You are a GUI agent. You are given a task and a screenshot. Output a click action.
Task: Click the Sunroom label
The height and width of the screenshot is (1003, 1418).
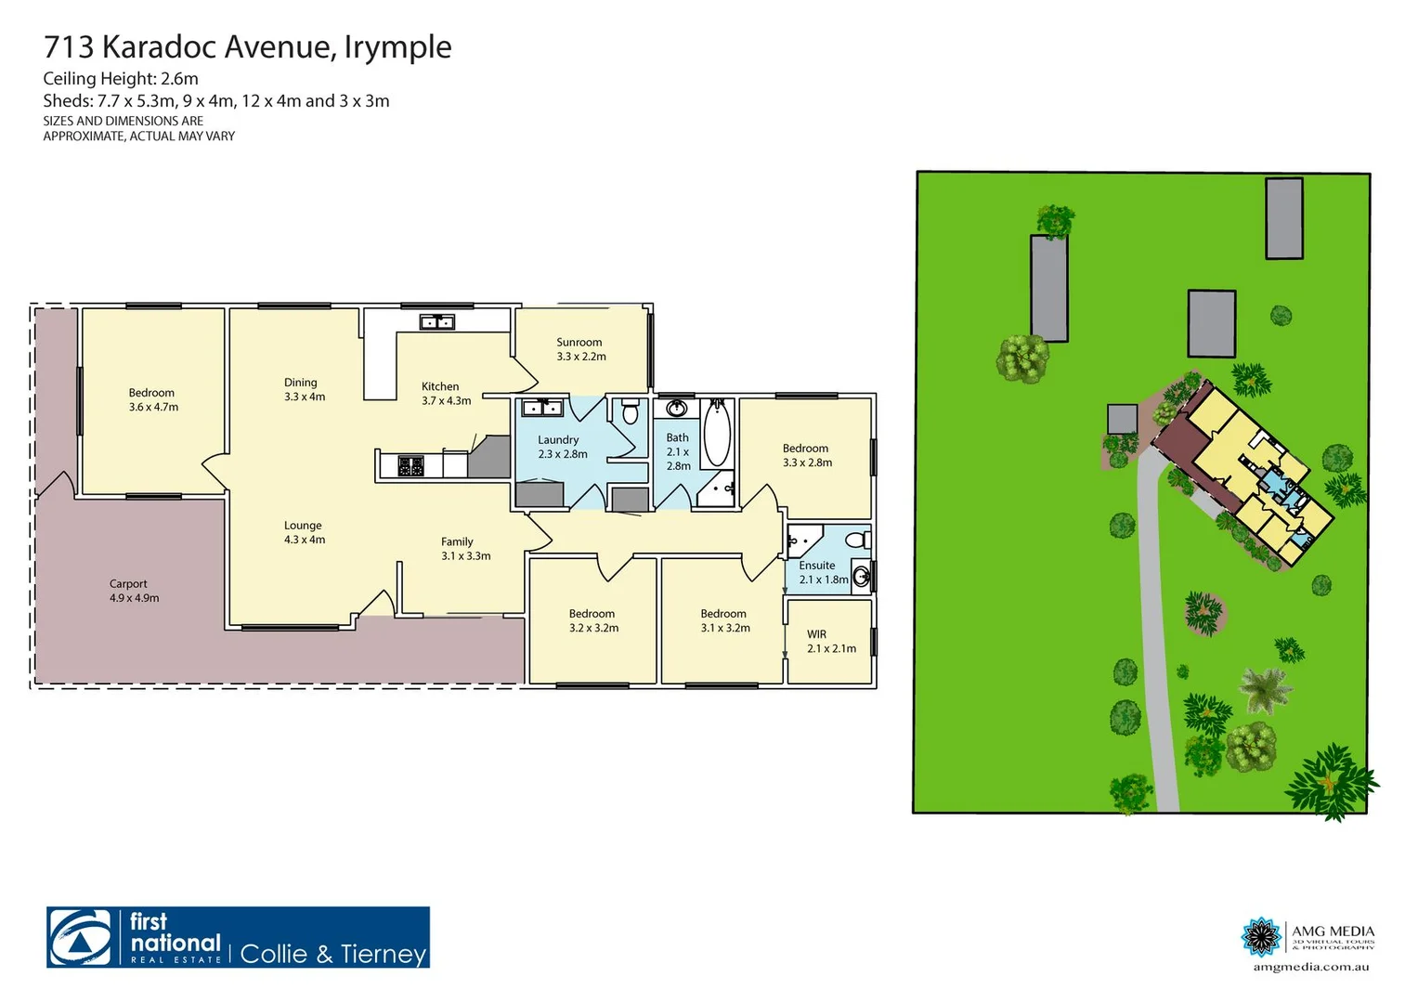pos(579,343)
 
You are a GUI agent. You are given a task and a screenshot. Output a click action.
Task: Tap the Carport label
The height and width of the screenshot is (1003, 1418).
pos(128,584)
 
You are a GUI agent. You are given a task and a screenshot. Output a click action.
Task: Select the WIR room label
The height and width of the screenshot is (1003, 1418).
pos(816,635)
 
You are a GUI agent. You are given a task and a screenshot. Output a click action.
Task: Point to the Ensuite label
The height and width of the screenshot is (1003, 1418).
pos(817,566)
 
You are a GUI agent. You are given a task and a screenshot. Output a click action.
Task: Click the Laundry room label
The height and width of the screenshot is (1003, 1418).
pos(558,440)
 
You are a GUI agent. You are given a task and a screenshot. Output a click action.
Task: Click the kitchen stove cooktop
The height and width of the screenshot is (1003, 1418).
pos(410,465)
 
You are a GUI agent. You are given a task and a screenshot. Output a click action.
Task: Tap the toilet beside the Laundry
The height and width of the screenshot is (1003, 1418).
pos(631,411)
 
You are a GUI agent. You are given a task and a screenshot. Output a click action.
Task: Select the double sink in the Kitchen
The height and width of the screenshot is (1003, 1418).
pos(436,322)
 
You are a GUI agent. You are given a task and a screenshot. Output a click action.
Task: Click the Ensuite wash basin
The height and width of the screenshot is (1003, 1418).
pos(861,577)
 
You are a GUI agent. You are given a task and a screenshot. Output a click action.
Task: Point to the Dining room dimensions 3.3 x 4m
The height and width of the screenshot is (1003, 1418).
pos(305,397)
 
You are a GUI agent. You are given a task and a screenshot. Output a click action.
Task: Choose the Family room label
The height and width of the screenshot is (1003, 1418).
pos(457,542)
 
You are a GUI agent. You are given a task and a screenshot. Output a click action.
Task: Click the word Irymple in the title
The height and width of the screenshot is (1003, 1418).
pos(397,47)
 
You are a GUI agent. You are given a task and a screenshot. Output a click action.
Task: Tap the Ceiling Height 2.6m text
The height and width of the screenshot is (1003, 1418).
pos(121,79)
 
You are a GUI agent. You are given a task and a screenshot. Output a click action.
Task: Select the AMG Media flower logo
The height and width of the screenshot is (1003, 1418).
pos(1262,937)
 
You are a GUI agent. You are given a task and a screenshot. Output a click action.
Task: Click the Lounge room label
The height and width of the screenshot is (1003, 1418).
pos(303,526)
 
